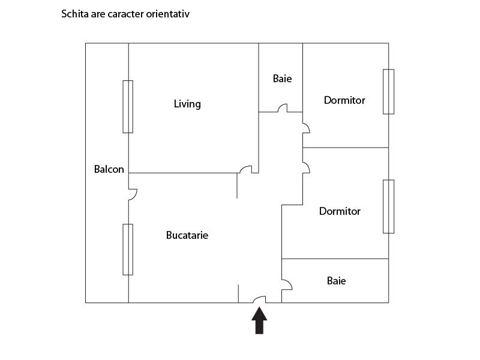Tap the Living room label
[187, 104]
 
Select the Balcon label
[109, 169]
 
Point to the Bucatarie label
[187, 235]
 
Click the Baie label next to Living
[282, 79]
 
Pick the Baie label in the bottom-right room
[337, 281]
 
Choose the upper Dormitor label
[344, 100]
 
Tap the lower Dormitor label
[340, 211]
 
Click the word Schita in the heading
[74, 14]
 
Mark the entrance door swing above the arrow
[260, 299]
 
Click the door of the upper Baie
[283, 108]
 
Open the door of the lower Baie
[287, 284]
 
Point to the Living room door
[246, 169]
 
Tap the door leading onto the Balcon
[133, 194]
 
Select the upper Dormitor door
[306, 128]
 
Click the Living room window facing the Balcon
[128, 107]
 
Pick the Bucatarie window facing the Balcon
[128, 250]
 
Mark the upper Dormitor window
[388, 92]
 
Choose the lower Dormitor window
[388, 206]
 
